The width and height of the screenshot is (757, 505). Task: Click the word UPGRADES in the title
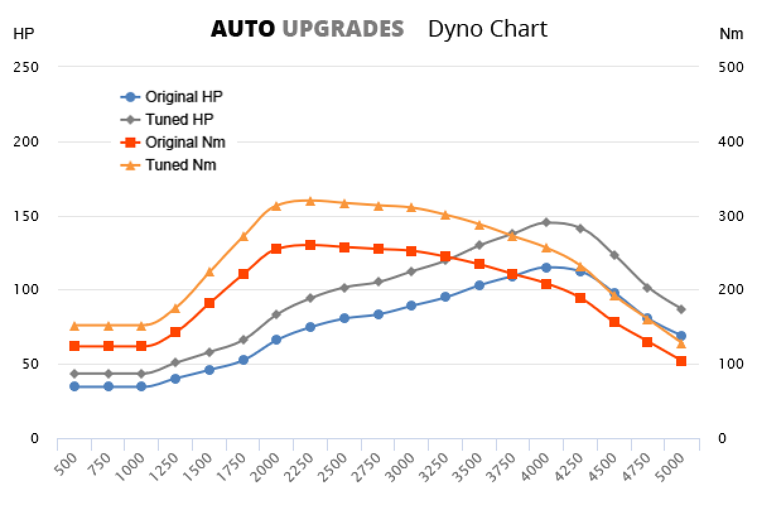(x=343, y=29)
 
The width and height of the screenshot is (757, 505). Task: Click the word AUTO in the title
(x=243, y=29)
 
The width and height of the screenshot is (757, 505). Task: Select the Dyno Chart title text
(x=487, y=29)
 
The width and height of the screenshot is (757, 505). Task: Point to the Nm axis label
(x=731, y=34)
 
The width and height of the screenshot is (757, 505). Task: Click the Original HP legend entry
(x=184, y=97)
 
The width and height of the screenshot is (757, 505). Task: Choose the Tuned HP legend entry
(x=179, y=119)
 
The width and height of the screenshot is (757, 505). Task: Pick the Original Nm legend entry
(x=185, y=142)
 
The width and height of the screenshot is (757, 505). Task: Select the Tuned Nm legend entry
(x=180, y=165)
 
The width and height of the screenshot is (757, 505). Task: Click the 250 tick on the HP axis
(x=26, y=67)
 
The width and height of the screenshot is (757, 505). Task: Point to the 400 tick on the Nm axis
(x=731, y=141)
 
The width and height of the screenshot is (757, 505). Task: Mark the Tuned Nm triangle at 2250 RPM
(x=310, y=201)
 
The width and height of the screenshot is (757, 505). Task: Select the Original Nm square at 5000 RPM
(x=681, y=361)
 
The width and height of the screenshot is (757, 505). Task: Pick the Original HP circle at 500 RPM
(x=74, y=386)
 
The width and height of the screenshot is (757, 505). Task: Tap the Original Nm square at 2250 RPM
(x=310, y=245)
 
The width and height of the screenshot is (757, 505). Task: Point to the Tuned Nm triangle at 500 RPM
(x=74, y=325)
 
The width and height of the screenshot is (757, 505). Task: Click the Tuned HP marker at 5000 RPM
(x=681, y=309)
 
